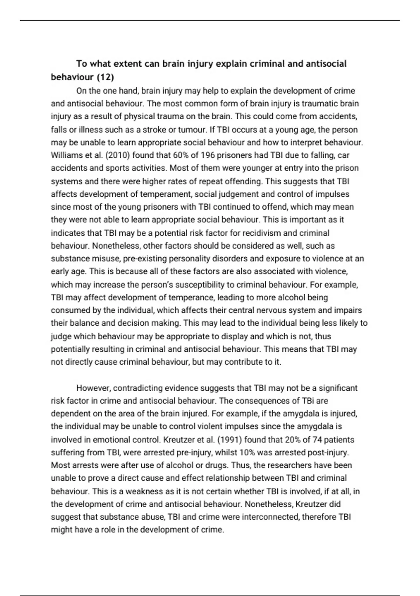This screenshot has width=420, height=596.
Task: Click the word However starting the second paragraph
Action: [x=93, y=388]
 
